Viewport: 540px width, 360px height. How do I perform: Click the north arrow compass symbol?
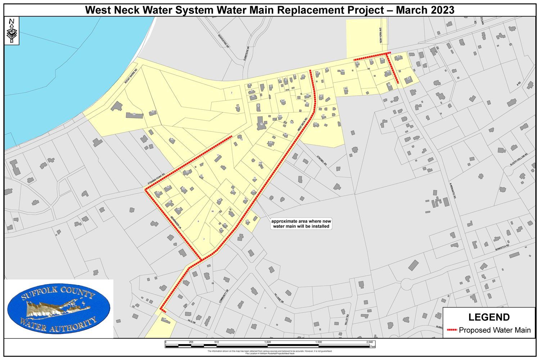click(x=12, y=31)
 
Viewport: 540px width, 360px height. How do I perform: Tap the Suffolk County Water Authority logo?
click(x=59, y=309)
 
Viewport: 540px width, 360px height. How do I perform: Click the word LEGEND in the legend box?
click(x=489, y=317)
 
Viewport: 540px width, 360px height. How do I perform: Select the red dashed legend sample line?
click(x=452, y=330)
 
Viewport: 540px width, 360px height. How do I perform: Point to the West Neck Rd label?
click(x=302, y=125)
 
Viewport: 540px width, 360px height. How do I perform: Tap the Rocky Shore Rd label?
click(x=131, y=76)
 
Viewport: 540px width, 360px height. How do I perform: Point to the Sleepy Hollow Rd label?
click(x=518, y=159)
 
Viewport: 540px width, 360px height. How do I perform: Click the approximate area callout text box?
click(x=300, y=224)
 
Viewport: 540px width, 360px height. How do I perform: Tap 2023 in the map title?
click(x=442, y=10)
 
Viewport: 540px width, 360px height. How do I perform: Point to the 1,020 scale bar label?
click(x=267, y=342)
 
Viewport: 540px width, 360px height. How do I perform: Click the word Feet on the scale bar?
click(x=373, y=347)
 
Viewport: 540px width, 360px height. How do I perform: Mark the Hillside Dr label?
click(x=279, y=297)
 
